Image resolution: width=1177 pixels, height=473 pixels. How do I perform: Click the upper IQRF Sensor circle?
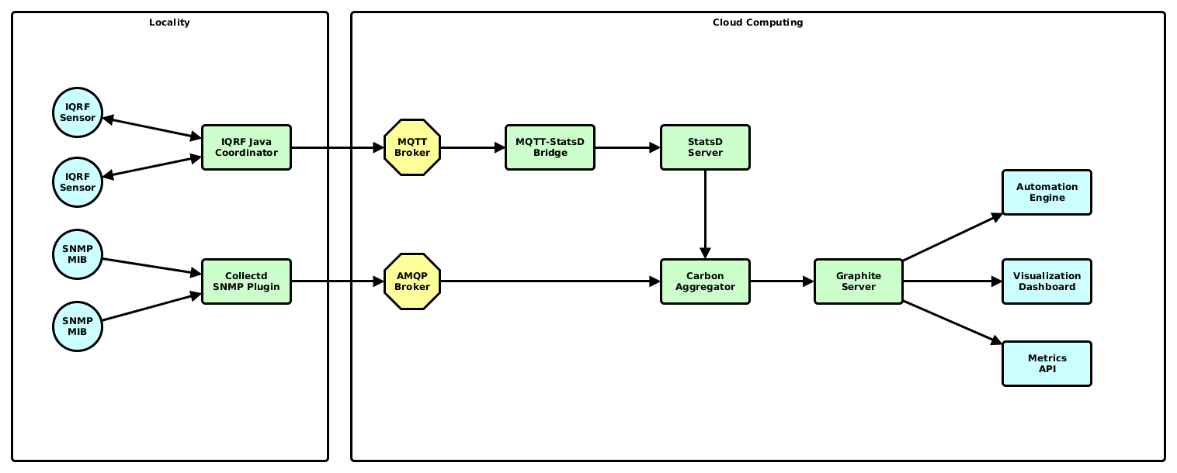78,112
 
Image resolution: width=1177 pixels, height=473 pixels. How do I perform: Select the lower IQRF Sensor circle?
78,182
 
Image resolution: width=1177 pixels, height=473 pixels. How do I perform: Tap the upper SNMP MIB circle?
78,254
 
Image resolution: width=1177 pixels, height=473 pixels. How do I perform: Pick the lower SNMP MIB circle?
78,326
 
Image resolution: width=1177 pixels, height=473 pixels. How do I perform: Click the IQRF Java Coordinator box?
246,147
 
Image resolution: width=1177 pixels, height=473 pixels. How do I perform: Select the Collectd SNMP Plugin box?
246,281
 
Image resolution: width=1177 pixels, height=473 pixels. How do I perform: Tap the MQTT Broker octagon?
412,147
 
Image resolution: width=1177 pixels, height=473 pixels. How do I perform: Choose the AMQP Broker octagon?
412,281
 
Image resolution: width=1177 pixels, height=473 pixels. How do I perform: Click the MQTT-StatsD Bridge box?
550,147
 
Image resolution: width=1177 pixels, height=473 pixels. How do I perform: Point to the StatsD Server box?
705,147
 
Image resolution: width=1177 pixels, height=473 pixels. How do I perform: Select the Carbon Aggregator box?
705,281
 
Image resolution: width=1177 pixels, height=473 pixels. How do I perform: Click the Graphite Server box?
859,281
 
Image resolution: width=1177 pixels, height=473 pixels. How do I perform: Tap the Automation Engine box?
1047,192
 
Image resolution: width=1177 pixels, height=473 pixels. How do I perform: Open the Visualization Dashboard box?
1047,281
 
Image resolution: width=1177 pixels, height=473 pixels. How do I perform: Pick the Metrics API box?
1047,364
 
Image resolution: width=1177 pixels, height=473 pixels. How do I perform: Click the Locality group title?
169,22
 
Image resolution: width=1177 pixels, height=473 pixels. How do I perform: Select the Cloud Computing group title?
758,22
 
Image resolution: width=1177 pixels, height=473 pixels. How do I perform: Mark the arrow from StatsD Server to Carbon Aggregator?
705,213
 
